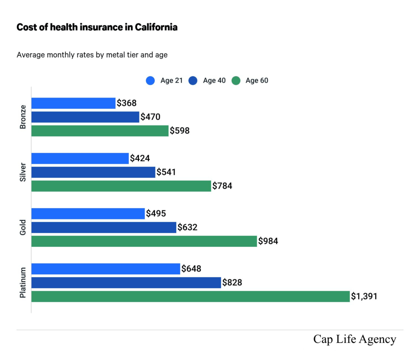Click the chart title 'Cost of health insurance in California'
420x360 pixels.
click(97, 27)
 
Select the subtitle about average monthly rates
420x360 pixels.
click(92, 55)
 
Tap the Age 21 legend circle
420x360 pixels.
click(151, 81)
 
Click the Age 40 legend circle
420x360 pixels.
click(193, 81)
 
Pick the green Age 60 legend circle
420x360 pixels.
click(236, 81)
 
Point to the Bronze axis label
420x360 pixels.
click(23, 117)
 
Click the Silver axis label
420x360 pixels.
click(23, 172)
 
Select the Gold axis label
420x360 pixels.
click(23, 227)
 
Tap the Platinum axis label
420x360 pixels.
click(23, 283)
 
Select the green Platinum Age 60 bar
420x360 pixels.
click(190, 296)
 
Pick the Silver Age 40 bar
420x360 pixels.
click(93, 172)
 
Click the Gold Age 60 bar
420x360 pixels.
click(144, 241)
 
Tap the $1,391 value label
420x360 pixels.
click(364, 296)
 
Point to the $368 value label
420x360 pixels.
click(127, 103)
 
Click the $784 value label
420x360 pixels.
click(222, 186)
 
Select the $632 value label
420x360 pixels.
click(187, 227)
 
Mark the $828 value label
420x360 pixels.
click(232, 283)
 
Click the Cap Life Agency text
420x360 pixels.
click(354, 339)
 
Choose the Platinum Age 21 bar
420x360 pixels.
click(105, 269)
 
